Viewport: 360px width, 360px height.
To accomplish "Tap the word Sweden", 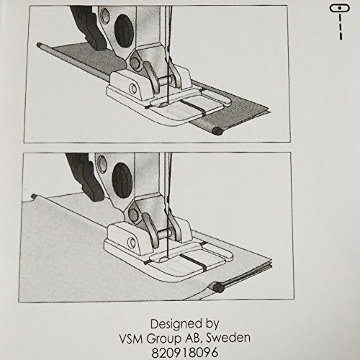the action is (x=228, y=338).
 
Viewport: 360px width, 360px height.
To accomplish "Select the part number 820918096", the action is (x=184, y=353).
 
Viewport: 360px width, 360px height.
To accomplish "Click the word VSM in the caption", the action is (x=131, y=338).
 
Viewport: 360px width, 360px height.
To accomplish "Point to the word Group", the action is (x=164, y=339).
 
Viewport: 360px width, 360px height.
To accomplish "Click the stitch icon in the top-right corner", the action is (x=340, y=22).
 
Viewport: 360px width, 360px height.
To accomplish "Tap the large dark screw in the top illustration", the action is (x=124, y=28).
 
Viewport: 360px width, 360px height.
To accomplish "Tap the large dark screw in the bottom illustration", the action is (x=122, y=177).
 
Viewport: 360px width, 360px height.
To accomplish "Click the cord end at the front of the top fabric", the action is (x=217, y=131).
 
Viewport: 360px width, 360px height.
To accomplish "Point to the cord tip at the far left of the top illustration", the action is (x=38, y=45).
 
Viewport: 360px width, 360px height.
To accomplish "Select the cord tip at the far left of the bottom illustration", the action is (x=34, y=197).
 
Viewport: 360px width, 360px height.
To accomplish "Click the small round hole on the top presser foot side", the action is (x=133, y=89).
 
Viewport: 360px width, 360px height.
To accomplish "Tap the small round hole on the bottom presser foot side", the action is (x=132, y=243).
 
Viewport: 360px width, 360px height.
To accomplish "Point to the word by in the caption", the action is (x=212, y=325).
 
